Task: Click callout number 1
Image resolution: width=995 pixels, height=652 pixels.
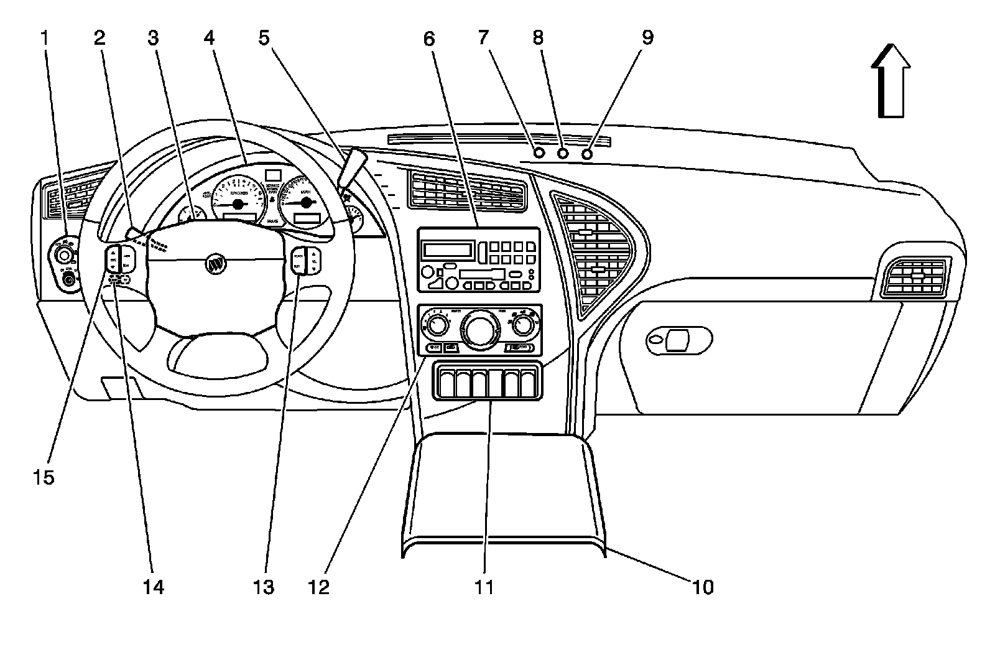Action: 44,39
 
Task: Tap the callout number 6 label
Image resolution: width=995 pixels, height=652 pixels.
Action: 428,39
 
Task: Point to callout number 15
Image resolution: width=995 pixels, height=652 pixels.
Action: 44,477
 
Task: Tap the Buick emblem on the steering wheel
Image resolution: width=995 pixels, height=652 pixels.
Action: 216,264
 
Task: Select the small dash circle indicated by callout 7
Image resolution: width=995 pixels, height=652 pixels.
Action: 539,153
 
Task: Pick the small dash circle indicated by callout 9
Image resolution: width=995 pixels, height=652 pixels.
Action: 586,153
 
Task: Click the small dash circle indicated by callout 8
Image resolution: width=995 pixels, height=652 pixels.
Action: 563,153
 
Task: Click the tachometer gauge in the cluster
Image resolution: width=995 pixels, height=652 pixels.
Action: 239,197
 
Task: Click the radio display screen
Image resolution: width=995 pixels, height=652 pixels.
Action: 448,251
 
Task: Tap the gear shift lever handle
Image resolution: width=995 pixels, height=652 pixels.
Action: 352,166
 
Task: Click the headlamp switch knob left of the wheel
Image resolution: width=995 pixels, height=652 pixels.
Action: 62,255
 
